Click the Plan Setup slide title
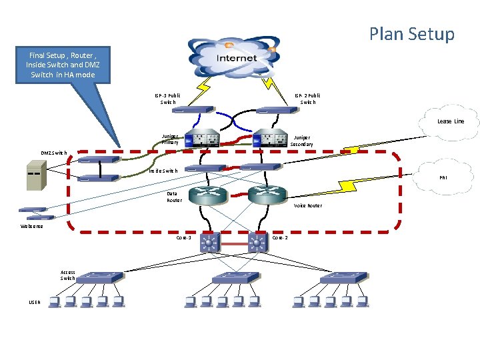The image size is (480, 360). tap(411, 34)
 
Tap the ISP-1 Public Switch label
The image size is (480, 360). tap(167, 99)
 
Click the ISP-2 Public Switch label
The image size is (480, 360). tap(307, 99)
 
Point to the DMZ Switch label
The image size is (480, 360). tap(54, 153)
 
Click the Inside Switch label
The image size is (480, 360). tap(163, 171)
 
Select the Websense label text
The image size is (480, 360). tap(31, 226)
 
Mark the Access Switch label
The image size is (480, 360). tap(68, 275)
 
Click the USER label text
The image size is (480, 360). tap(35, 302)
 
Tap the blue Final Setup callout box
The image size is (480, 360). tap(61, 65)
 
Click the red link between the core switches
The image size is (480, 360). tap(233, 245)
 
